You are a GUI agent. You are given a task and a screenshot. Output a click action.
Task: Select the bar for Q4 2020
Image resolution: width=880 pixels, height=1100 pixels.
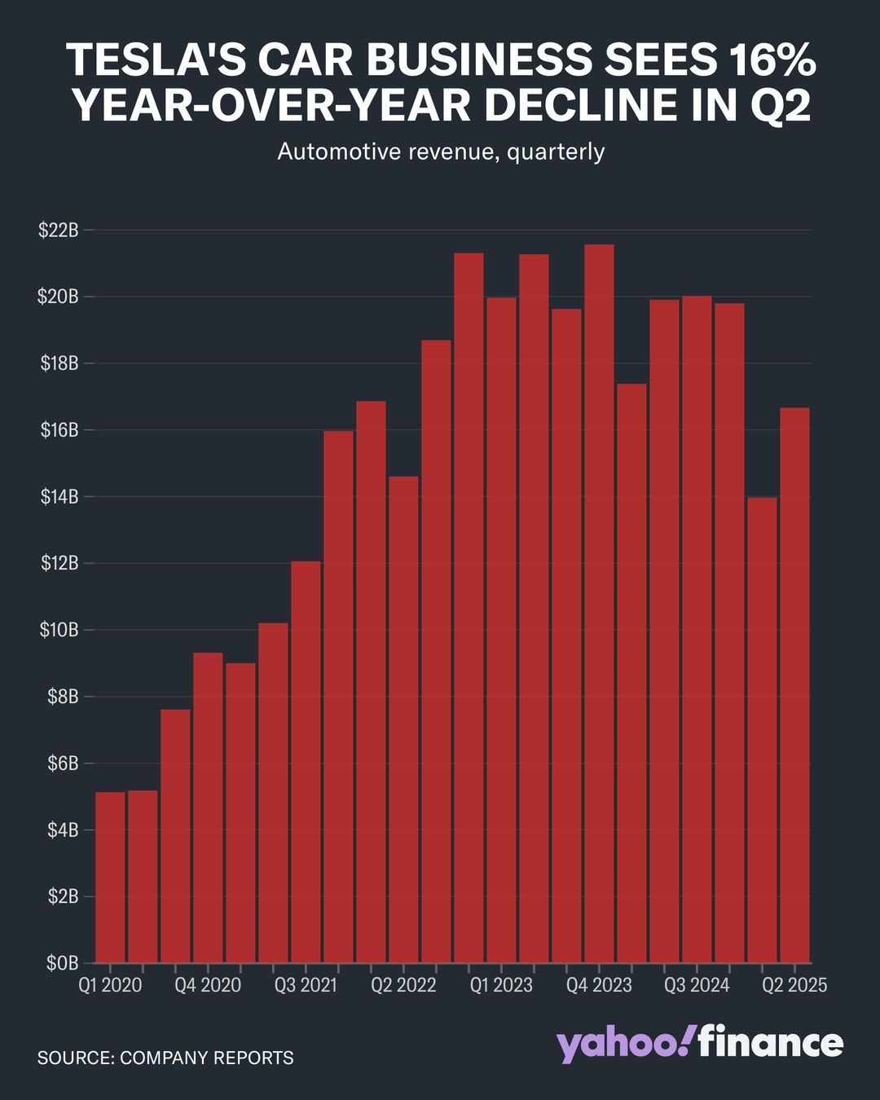tap(208, 807)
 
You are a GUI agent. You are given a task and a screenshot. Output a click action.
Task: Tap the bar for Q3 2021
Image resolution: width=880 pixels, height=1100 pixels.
tap(306, 762)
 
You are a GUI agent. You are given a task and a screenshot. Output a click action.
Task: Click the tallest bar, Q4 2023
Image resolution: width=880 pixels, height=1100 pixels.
tap(599, 603)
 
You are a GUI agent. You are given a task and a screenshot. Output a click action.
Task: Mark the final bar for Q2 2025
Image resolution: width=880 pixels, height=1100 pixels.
tap(794, 684)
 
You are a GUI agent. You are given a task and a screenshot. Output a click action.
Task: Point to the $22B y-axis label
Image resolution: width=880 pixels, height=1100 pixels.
tap(59, 230)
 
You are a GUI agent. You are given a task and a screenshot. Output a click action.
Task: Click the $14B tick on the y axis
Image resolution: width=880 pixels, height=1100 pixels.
tap(59, 496)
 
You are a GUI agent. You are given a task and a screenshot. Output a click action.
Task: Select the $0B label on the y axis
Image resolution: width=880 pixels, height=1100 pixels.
tap(62, 963)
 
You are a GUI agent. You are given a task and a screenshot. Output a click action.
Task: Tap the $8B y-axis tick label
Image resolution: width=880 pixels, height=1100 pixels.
tap(60, 697)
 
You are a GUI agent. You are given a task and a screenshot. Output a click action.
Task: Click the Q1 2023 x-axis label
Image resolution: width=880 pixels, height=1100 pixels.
tap(501, 985)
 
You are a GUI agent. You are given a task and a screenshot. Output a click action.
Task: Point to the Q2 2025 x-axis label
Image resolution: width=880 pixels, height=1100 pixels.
tap(794, 985)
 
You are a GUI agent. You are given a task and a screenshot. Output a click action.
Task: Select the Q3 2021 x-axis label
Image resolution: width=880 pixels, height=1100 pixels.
tap(306, 985)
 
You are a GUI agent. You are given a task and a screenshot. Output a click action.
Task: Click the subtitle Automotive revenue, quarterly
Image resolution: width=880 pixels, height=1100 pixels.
tap(440, 152)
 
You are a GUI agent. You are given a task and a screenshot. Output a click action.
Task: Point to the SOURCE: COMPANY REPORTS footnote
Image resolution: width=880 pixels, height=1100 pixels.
tap(165, 1058)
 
